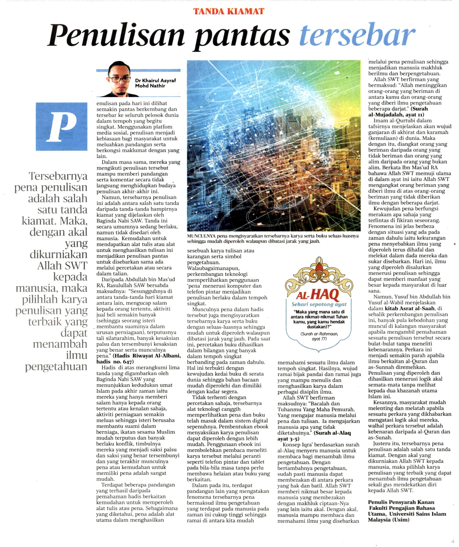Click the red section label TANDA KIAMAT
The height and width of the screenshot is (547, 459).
(229, 11)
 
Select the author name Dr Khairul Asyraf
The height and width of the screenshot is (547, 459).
(155, 80)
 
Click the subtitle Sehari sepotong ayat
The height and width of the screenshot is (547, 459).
(319, 304)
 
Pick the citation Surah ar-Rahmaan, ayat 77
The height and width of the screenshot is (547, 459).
(319, 336)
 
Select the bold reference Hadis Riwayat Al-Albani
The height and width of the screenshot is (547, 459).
(147, 356)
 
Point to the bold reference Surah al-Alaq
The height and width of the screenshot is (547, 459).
(332, 433)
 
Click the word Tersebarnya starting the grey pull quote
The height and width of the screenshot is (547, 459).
(58, 176)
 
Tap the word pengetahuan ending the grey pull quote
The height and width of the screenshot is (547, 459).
(56, 366)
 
